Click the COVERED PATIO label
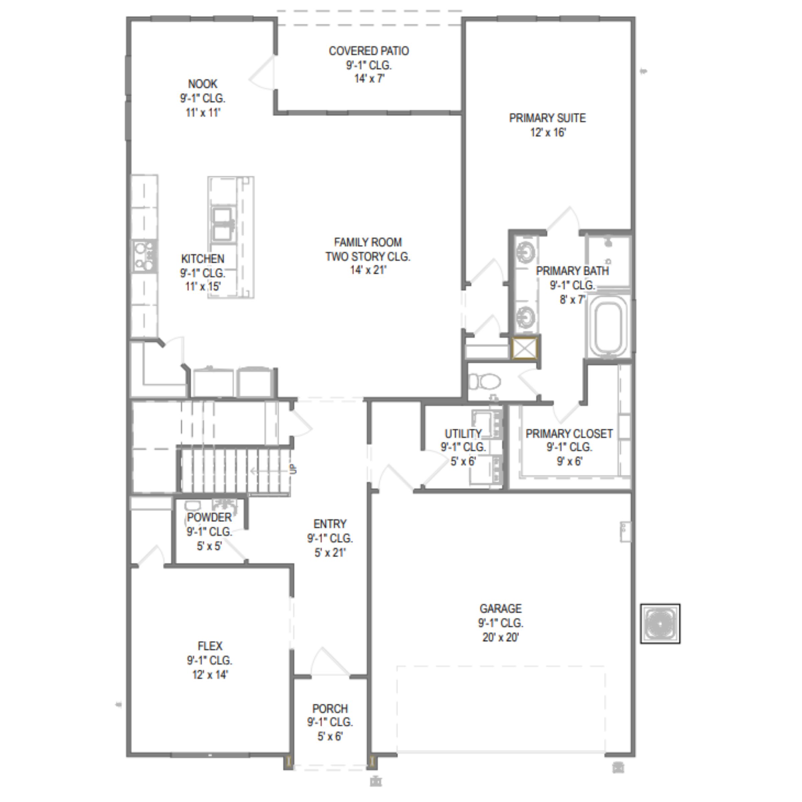pos(369,51)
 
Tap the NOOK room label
pos(203,84)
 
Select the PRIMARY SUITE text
pos(548,118)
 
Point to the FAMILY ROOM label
pos(368,242)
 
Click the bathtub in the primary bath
pos(608,327)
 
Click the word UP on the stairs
pos(293,469)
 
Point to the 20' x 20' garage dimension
pos(501,637)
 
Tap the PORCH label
pos(330,708)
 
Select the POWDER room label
pos(209,517)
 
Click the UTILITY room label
pos(463,434)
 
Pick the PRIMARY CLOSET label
pos(569,434)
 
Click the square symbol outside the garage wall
pos(660,624)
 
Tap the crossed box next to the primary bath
pos(525,348)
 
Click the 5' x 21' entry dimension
pos(330,552)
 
